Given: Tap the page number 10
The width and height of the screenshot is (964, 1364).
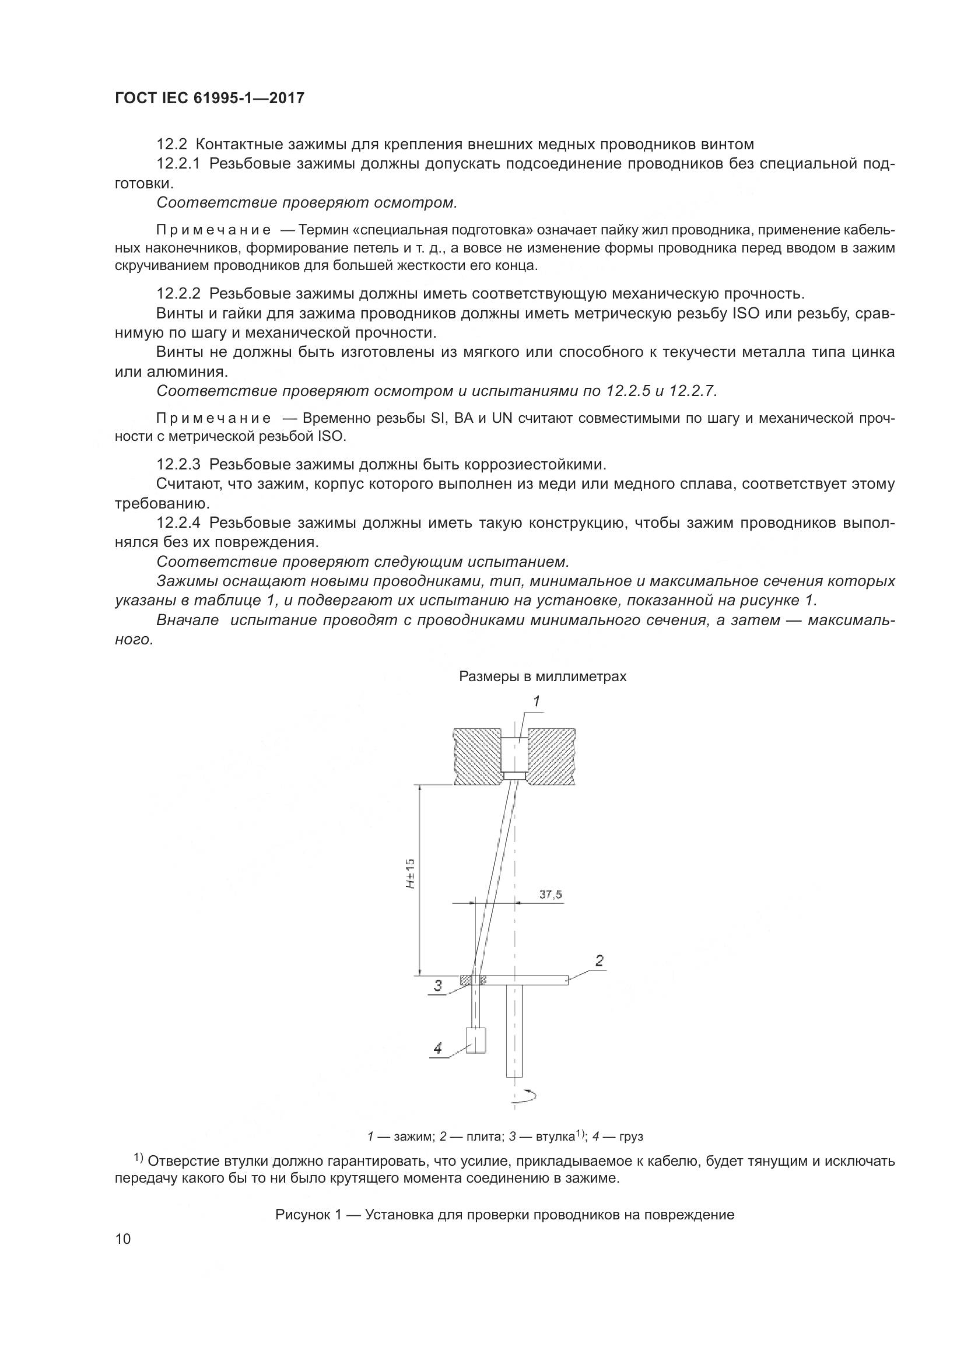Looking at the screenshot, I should [123, 1256].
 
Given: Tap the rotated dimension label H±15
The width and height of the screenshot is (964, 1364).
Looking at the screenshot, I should [411, 874].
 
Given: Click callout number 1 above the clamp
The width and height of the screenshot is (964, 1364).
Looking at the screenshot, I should [536, 702].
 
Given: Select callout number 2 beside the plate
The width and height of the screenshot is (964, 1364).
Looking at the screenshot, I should [600, 960].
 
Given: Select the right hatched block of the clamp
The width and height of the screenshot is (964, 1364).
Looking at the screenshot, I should [551, 756].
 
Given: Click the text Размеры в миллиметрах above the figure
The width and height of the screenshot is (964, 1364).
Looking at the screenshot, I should [542, 676].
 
